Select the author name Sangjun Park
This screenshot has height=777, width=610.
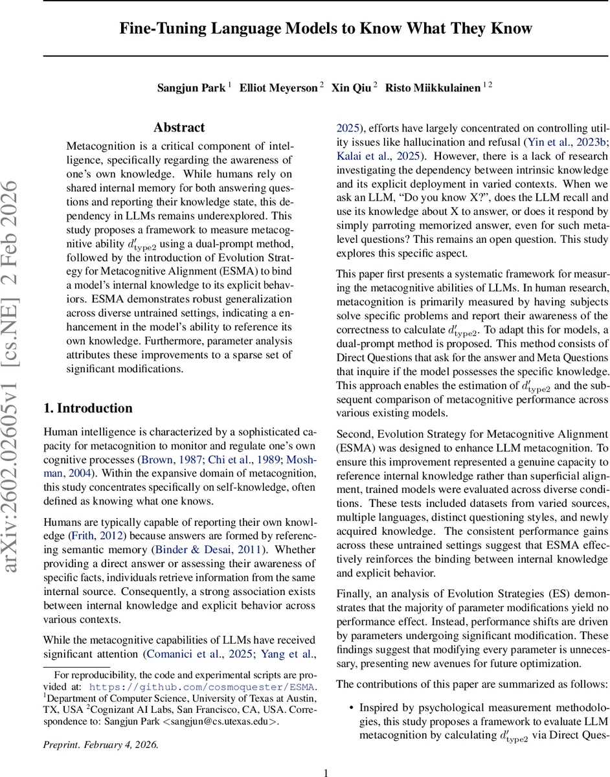click(191, 88)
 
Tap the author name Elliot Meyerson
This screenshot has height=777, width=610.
click(278, 88)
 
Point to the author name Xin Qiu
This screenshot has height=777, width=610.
click(350, 88)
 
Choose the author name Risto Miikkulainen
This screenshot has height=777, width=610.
click(433, 88)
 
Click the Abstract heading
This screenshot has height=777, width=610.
click(179, 128)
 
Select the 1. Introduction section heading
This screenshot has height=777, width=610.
click(87, 408)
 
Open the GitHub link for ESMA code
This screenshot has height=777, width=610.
click(202, 687)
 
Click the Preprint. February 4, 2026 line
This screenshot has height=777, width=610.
click(100, 744)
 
